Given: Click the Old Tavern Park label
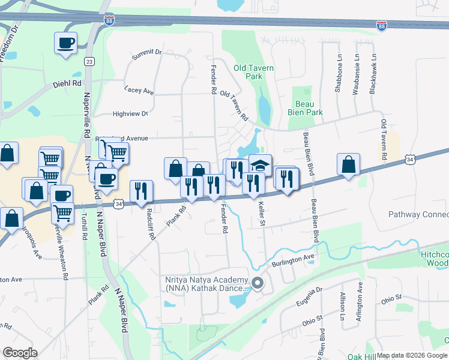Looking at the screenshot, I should [254, 72].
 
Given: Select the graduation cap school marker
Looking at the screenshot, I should [260, 165].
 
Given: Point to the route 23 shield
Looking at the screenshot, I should [89, 61].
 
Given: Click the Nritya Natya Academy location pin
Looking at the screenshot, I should [258, 283].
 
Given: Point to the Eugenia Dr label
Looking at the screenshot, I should [310, 296].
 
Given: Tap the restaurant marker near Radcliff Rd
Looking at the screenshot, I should [141, 191].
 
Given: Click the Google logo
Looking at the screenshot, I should [19, 353].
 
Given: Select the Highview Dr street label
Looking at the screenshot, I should [130, 114].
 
